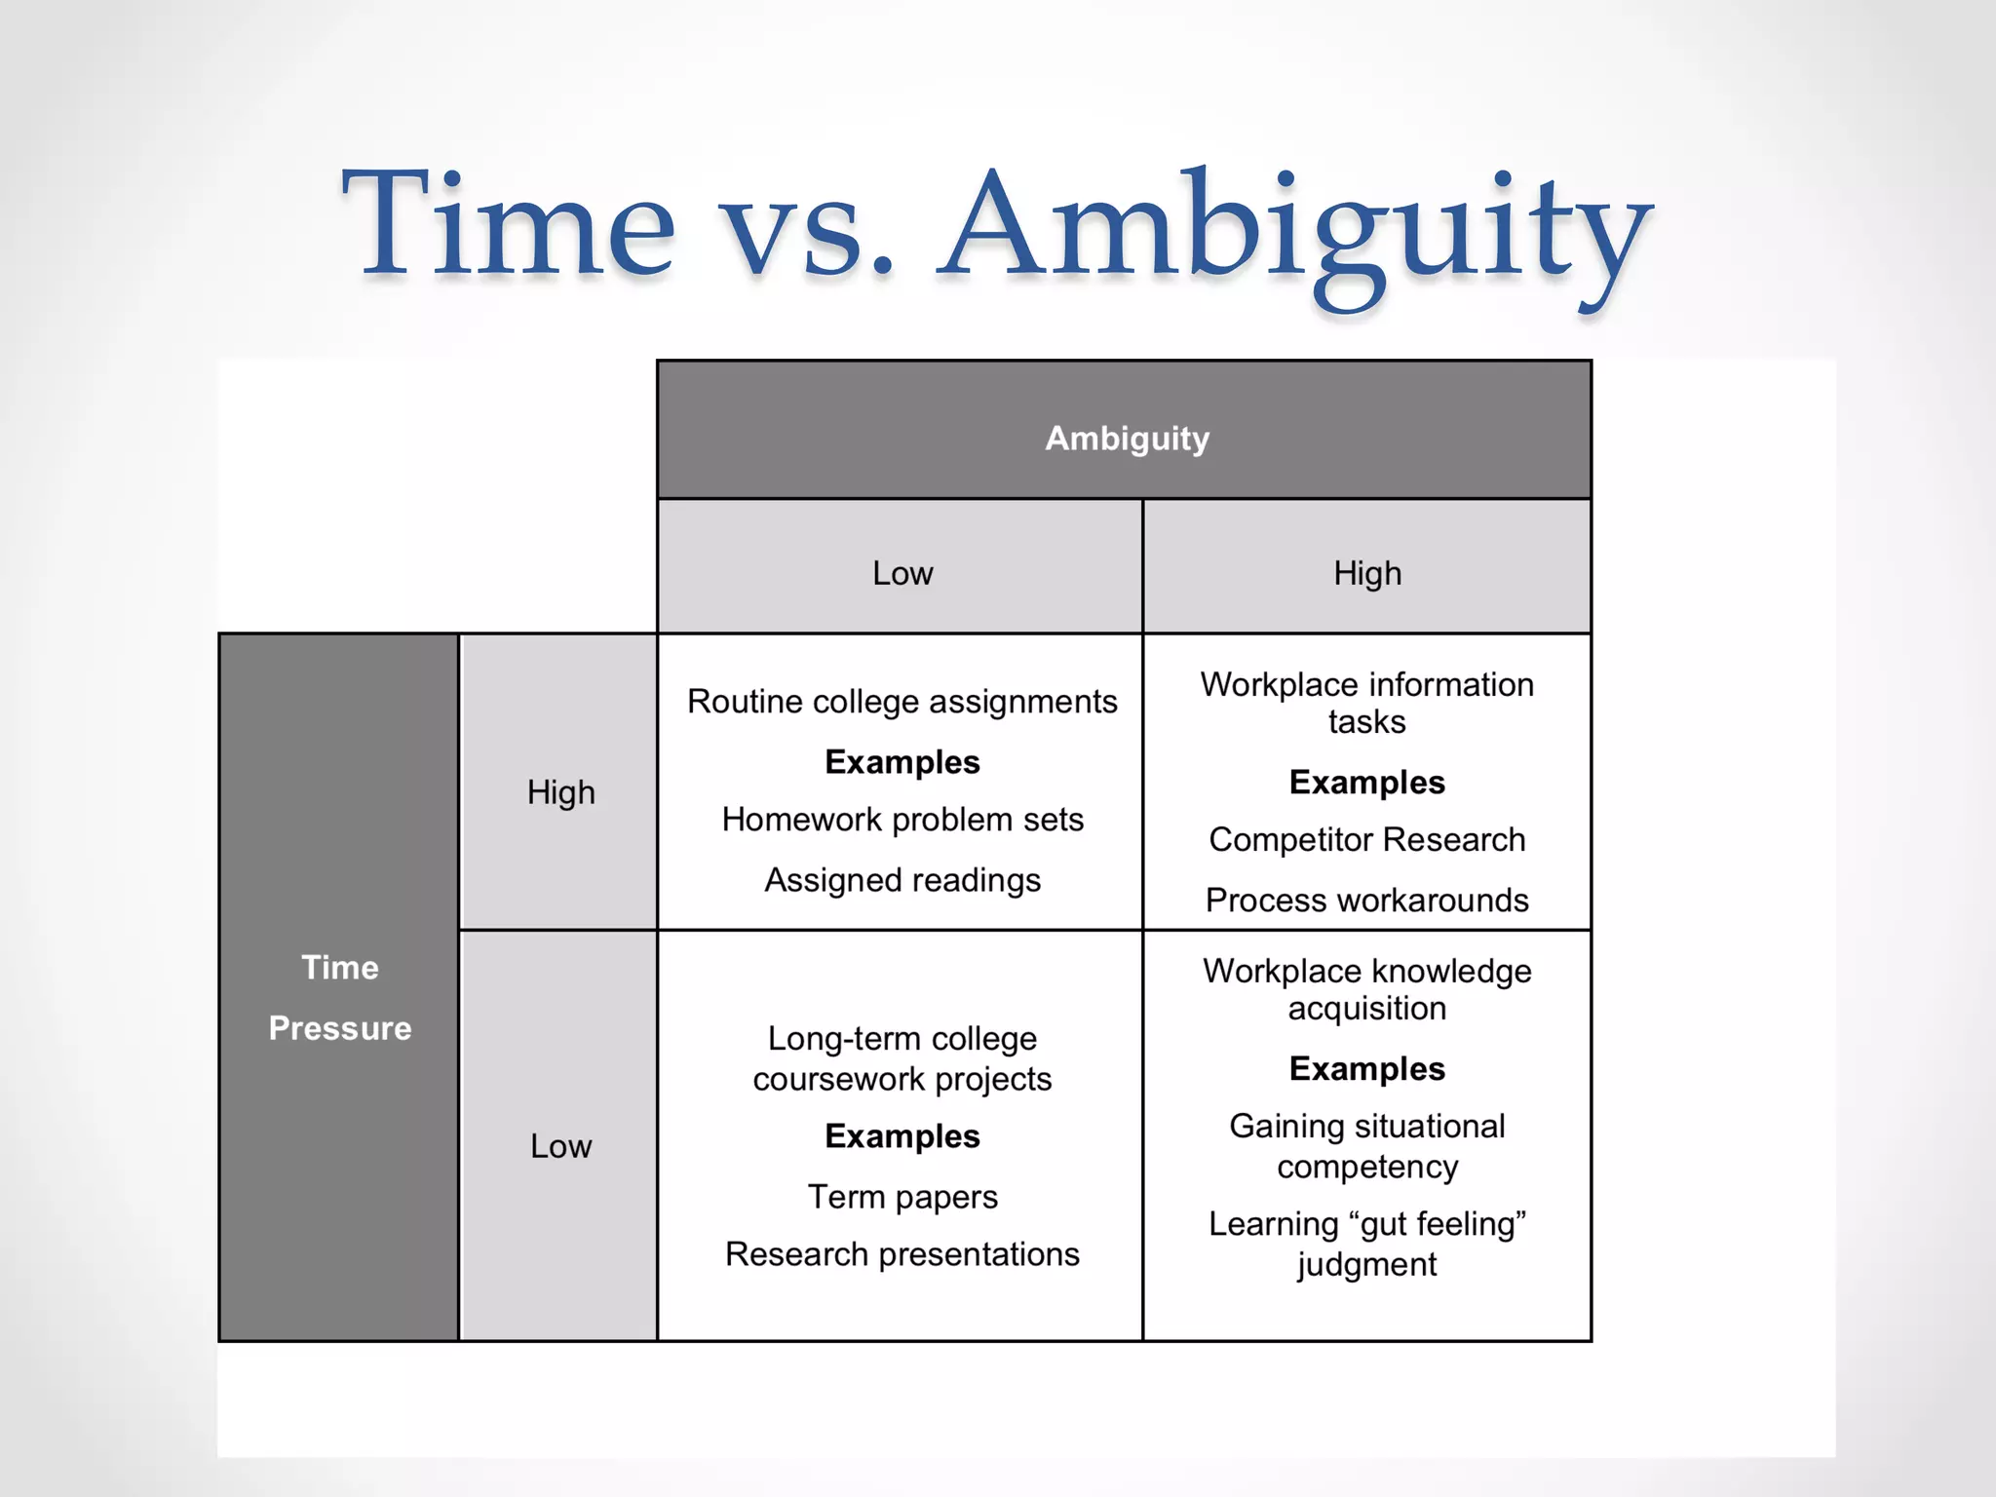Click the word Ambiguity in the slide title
[x=1295, y=234]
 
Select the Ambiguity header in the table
[x=1127, y=439]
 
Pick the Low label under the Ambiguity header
[x=902, y=573]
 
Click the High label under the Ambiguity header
[x=1367, y=573]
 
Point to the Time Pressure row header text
[x=340, y=997]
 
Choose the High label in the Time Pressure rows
[x=560, y=792]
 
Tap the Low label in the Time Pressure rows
[x=560, y=1146]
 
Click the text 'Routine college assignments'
[x=902, y=702]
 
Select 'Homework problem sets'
[x=902, y=820]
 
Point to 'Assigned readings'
[x=902, y=880]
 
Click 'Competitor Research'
[x=1366, y=840]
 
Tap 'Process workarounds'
[x=1366, y=901]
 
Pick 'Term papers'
[x=902, y=1197]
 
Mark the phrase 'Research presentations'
[x=902, y=1254]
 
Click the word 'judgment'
[x=1366, y=1265]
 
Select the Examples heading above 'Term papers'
[x=902, y=1136]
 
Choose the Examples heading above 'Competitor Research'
[x=1366, y=783]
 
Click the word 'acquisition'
[x=1366, y=1009]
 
